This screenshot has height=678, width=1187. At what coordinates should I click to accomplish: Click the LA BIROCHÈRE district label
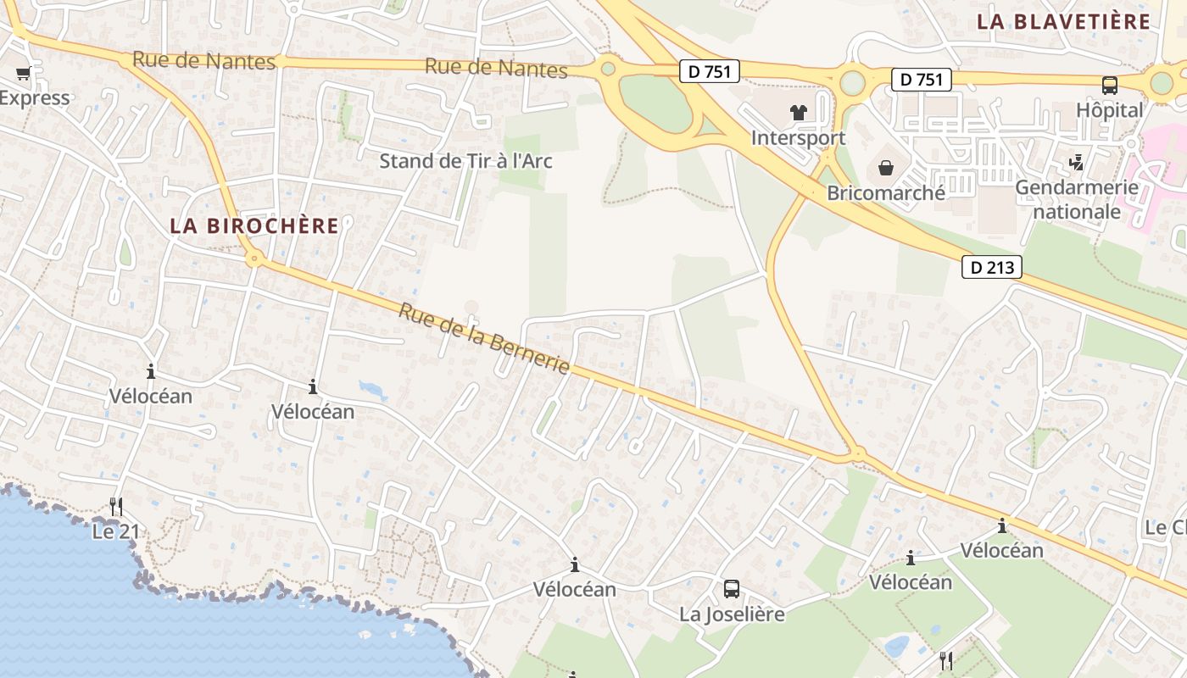(x=254, y=226)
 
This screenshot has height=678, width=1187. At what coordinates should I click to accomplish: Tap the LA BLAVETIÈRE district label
(x=1063, y=22)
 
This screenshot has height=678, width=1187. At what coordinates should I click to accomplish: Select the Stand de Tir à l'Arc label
(x=465, y=161)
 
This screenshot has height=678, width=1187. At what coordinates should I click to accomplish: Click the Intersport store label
(x=798, y=138)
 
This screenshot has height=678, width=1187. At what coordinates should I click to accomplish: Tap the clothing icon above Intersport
(x=798, y=113)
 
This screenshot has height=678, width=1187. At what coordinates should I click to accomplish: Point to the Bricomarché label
(x=886, y=193)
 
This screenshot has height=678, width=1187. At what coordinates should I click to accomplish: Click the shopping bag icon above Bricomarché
(x=886, y=168)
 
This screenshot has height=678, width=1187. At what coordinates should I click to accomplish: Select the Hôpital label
(x=1110, y=110)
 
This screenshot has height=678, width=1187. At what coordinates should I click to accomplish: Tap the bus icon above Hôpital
(x=1110, y=85)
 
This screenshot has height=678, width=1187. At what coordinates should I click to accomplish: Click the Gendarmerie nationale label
(x=1077, y=199)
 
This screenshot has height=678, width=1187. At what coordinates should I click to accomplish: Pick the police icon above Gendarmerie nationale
(x=1077, y=161)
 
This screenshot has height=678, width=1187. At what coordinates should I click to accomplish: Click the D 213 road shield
(x=992, y=268)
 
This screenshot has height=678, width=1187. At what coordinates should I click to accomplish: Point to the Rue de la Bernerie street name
(x=484, y=339)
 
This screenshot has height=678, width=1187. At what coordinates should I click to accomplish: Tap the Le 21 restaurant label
(x=115, y=532)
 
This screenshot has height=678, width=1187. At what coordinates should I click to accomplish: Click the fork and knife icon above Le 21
(x=116, y=507)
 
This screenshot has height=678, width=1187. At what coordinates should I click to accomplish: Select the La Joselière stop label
(x=732, y=614)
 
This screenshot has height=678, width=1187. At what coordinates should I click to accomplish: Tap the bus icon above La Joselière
(x=732, y=588)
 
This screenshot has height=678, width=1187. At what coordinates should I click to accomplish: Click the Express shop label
(x=34, y=98)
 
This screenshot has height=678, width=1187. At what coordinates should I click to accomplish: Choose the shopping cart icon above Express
(x=23, y=73)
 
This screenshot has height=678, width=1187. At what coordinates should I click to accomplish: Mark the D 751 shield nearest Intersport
(x=710, y=72)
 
